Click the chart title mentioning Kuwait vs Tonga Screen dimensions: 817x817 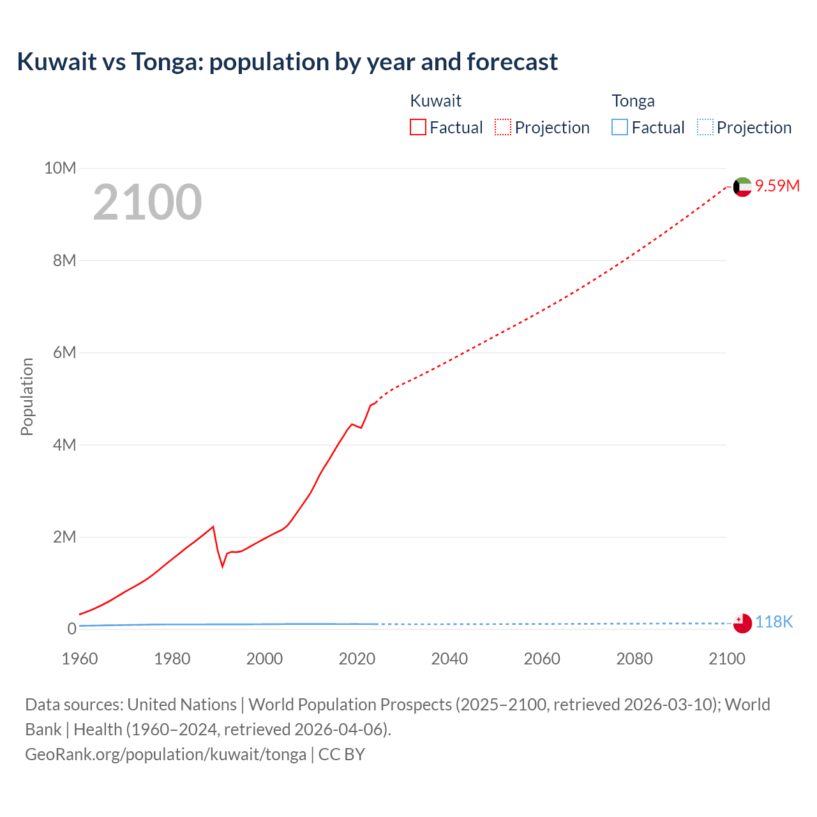(x=287, y=62)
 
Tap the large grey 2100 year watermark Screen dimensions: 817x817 (x=147, y=202)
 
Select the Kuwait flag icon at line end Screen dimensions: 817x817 (x=742, y=187)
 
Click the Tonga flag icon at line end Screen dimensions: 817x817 (x=742, y=623)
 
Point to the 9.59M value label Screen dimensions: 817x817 (x=777, y=186)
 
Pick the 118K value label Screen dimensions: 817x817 (x=774, y=622)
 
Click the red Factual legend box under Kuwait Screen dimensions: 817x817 (x=418, y=128)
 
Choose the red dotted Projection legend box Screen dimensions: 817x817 (x=503, y=128)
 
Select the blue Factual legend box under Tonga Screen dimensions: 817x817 (x=620, y=128)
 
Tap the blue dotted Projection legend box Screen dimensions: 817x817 (x=705, y=128)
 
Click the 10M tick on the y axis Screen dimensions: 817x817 (x=60, y=169)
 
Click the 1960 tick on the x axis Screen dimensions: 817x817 (x=80, y=659)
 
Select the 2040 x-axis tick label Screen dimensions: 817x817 (x=449, y=659)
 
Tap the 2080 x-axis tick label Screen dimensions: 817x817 (x=634, y=659)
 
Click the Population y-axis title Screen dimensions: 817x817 (x=27, y=396)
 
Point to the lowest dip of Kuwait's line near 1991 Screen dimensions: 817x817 (x=223, y=566)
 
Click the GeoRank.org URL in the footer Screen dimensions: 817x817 (x=165, y=754)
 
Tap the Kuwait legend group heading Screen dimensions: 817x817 (x=435, y=101)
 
